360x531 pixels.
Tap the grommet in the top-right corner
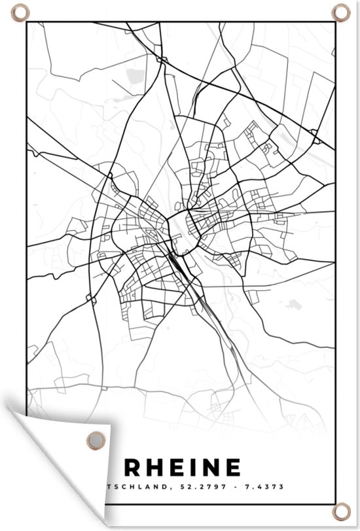(341, 12)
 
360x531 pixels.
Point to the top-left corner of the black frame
(26, 23)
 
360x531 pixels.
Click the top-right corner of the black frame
(334, 23)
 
